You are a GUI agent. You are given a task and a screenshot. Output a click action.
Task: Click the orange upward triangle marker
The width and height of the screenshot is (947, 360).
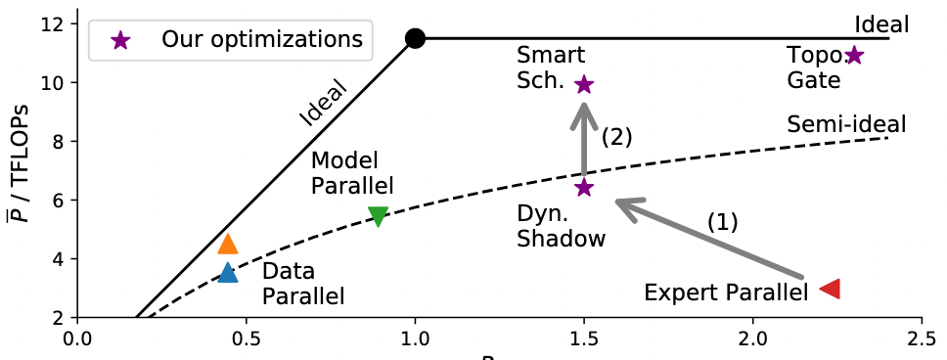[x=228, y=244]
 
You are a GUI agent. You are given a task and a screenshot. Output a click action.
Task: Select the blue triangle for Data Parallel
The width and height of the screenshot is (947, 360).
[x=228, y=273]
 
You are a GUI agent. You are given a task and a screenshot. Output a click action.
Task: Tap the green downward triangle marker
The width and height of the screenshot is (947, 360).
[x=378, y=216]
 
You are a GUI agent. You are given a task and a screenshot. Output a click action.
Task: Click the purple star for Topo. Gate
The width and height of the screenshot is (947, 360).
[x=854, y=56]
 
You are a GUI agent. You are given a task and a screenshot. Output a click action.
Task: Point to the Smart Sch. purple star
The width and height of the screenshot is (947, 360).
[x=584, y=84]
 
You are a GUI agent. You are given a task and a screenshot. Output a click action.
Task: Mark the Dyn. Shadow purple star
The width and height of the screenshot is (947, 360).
[x=584, y=187]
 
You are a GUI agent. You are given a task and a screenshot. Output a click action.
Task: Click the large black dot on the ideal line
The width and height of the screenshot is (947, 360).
[x=415, y=39]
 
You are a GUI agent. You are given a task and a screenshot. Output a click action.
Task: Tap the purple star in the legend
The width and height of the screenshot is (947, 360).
[x=120, y=40]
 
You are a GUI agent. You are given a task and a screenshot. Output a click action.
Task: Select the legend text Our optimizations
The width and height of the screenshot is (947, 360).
[x=262, y=40]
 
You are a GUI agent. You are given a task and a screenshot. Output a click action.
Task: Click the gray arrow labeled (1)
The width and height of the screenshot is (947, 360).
[x=709, y=239]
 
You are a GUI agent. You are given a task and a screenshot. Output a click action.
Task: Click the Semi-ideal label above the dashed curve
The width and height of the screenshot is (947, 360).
[x=847, y=125]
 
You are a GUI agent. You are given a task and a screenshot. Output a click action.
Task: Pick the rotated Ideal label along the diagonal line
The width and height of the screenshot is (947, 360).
[x=325, y=104]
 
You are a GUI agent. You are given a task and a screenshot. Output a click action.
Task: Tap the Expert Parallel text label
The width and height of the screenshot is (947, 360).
[x=726, y=292]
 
